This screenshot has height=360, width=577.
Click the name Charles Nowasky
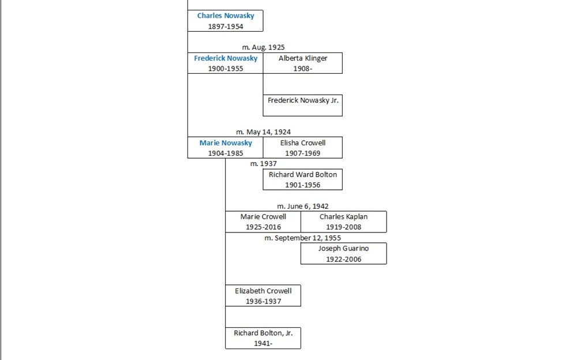pyautogui.click(x=225, y=16)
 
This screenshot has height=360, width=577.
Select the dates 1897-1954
pyautogui.click(x=225, y=27)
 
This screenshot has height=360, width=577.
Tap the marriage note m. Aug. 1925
pyautogui.click(x=263, y=47)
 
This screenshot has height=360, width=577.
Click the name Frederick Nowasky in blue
pyautogui.click(x=226, y=58)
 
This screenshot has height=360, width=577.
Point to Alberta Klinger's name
pyautogui.click(x=303, y=58)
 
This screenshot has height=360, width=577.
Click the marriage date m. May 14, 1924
pyautogui.click(x=263, y=132)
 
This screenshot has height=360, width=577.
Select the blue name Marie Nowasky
pyautogui.click(x=226, y=143)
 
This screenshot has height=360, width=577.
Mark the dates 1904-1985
pyautogui.click(x=226, y=153)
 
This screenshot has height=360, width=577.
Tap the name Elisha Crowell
pyautogui.click(x=303, y=143)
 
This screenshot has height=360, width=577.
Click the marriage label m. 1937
pyautogui.click(x=263, y=164)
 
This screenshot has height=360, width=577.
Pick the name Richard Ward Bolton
pyautogui.click(x=303, y=174)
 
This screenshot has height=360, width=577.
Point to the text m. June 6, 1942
pyautogui.click(x=303, y=206)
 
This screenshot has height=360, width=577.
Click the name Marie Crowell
pyautogui.click(x=263, y=216)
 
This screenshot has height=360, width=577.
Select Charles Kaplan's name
pyautogui.click(x=343, y=216)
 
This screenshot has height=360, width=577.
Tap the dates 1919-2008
pyautogui.click(x=343, y=227)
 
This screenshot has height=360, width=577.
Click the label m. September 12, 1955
pyautogui.click(x=302, y=238)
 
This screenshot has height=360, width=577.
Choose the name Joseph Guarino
pyautogui.click(x=343, y=248)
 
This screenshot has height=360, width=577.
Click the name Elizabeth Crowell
pyautogui.click(x=263, y=291)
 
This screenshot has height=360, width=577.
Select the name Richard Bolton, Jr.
pyautogui.click(x=263, y=333)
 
